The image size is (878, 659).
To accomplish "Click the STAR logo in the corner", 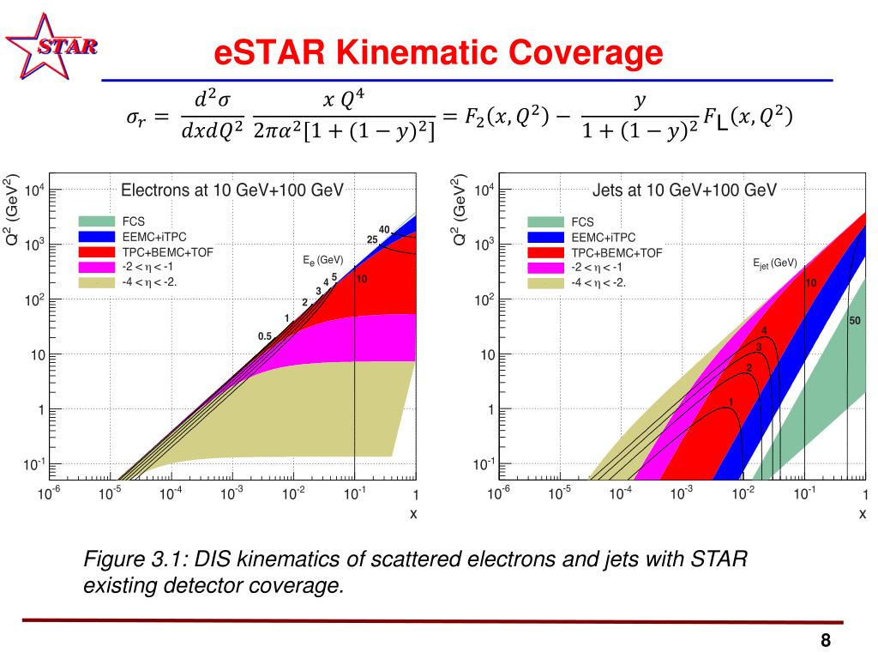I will [51, 45].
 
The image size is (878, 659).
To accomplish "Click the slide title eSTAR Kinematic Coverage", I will [438, 53].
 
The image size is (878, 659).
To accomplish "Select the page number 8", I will [826, 640].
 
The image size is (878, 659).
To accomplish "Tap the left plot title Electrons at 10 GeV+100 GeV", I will [232, 190].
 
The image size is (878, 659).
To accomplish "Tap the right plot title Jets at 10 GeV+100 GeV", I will [684, 190].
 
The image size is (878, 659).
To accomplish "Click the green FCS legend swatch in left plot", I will [95, 221].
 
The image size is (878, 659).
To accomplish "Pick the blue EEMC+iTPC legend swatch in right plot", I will [545, 237].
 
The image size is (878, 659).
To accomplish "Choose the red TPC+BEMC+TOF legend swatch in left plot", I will [95, 252].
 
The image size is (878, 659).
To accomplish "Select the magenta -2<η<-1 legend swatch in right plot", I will [545, 267].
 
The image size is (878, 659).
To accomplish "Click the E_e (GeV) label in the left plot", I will [323, 259].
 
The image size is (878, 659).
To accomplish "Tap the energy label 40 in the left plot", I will [384, 229].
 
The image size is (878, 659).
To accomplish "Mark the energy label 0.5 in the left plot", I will [265, 336].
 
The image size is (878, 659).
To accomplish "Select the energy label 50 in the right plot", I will [855, 321].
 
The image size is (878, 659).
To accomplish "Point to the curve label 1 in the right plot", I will [731, 402].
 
